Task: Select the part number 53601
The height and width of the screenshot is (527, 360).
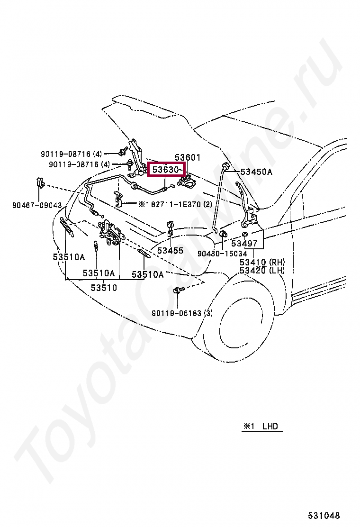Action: click(188, 157)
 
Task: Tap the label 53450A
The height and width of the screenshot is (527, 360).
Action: click(256, 172)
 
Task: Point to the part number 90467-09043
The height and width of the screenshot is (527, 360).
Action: click(37, 205)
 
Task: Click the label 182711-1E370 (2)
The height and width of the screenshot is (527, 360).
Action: click(175, 204)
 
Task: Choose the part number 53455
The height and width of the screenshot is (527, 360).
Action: click(170, 250)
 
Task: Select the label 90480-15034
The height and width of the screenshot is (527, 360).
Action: click(222, 254)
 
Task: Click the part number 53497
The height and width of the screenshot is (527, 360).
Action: click(244, 244)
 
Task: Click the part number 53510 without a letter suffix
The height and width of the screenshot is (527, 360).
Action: click(104, 287)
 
